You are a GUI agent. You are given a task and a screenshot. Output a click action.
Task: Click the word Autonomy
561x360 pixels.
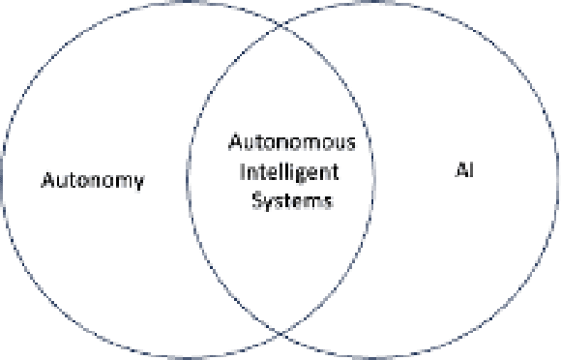coord(93,180)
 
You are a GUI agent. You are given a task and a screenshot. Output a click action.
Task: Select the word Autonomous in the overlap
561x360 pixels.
coord(291,143)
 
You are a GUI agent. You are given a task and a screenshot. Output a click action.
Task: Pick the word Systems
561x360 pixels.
coord(291,201)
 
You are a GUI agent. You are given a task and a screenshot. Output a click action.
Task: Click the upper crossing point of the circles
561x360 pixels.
coord(280,26)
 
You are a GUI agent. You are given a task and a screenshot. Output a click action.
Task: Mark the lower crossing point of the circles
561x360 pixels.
coord(280,334)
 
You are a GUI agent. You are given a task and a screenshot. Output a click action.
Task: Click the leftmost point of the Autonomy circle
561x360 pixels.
coord(2,180)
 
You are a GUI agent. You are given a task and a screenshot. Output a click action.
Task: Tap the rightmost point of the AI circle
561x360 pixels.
coord(558,180)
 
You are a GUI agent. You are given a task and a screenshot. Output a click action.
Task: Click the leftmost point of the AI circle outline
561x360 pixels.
coord(189,180)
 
